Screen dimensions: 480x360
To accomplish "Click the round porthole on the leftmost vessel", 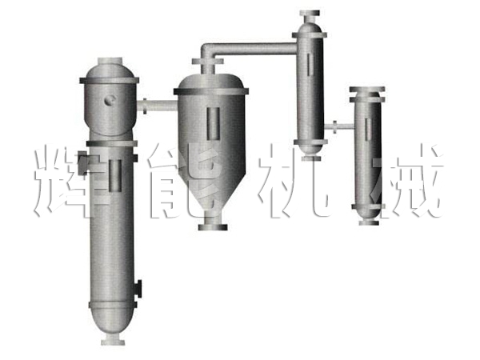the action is click(110, 100).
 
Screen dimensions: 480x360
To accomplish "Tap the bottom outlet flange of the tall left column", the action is click(113, 341).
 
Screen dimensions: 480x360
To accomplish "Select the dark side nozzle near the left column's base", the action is click(138, 288).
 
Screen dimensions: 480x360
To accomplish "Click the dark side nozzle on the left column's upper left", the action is click(82, 163).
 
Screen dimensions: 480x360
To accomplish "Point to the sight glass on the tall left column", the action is click(115, 175).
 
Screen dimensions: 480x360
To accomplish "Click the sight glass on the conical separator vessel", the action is click(213, 123).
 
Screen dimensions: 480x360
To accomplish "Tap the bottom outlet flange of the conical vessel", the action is click(213, 227).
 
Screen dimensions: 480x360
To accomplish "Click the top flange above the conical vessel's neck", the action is click(207, 62).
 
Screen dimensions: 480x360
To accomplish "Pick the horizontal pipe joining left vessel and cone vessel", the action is click(157, 106).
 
